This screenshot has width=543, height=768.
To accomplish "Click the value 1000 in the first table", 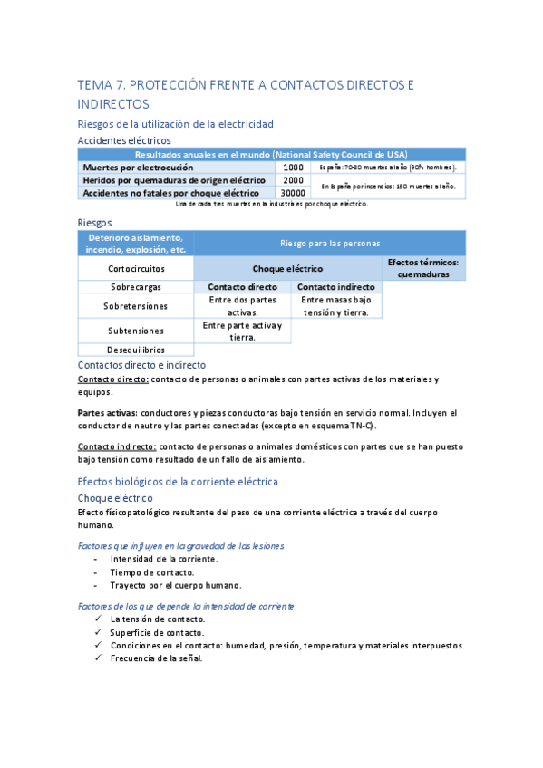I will (293, 168).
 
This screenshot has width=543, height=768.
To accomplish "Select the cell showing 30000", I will (293, 192).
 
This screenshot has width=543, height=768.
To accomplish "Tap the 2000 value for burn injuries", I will (293, 180).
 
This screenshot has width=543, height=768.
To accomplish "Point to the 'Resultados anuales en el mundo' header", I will (272, 155).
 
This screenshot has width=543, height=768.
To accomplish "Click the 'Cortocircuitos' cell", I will (136, 269).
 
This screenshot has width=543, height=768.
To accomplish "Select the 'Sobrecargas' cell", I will (136, 287).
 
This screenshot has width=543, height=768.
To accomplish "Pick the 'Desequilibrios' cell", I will (136, 349).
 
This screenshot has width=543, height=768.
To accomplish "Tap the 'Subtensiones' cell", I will (136, 331).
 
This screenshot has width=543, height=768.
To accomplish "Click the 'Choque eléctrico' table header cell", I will (287, 269).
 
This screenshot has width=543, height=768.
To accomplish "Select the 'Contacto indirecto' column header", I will (335, 287).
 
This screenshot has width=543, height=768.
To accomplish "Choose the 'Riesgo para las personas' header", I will (329, 243).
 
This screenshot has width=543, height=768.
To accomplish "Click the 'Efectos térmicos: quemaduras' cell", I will (422, 268).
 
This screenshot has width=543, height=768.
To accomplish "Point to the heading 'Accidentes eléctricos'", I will (124, 140).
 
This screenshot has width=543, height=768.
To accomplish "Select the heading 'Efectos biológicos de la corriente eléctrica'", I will (178, 481).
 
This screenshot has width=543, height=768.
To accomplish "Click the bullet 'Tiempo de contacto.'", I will (151, 572).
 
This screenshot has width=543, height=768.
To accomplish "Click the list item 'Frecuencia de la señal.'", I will (156, 658).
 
